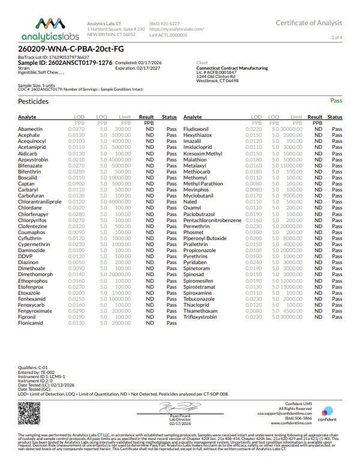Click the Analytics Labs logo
[x=44, y=28]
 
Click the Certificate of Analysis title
[x=309, y=23]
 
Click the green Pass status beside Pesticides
[x=337, y=102]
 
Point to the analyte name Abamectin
[x=31, y=128]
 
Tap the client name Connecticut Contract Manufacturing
[x=232, y=68]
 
